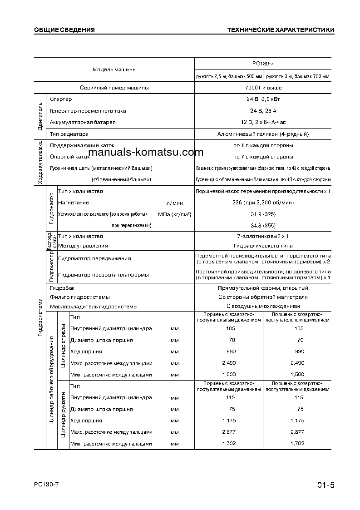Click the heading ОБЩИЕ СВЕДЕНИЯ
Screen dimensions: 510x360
click(x=64, y=30)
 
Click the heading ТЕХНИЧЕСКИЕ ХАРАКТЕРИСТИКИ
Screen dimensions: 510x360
click(x=281, y=30)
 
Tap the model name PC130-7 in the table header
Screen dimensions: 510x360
click(x=263, y=64)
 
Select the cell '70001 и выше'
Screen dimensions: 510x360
click(x=263, y=88)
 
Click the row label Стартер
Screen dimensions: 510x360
click(x=61, y=99)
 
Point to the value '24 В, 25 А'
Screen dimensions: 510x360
click(x=263, y=111)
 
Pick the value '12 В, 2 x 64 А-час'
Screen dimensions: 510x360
click(x=263, y=122)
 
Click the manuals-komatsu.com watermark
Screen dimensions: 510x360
click(x=146, y=153)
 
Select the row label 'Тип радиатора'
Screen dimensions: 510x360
click(x=69, y=134)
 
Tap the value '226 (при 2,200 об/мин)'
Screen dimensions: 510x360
click(x=263, y=203)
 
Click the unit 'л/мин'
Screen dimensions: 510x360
click(x=174, y=203)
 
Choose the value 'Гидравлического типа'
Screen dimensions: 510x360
click(x=263, y=246)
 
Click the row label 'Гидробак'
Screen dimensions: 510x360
click(x=62, y=288)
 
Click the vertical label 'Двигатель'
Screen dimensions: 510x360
click(x=40, y=117)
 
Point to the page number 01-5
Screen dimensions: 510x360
click(x=325, y=485)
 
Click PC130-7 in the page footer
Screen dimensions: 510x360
click(x=46, y=484)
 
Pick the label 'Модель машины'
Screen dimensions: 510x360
click(x=114, y=69)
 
